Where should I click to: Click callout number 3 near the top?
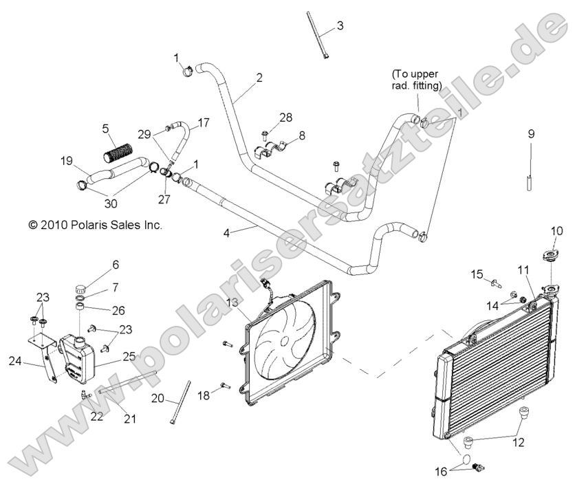click(x=339, y=27)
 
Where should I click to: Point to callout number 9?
click(x=531, y=134)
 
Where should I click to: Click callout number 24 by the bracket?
click(x=15, y=361)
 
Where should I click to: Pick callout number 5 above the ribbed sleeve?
click(x=105, y=128)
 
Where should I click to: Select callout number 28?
click(x=285, y=117)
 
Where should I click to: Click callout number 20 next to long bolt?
click(x=158, y=399)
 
